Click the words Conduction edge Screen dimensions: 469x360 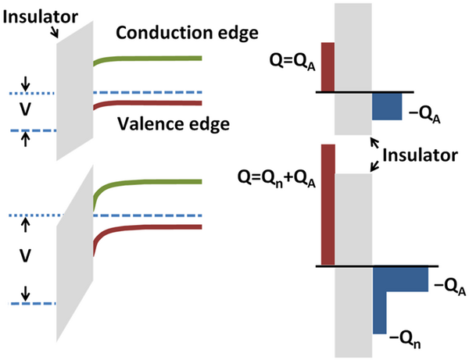187,33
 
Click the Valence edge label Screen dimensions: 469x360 174,123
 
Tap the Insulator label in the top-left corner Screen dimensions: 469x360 41,17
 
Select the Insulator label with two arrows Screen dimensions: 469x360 420,155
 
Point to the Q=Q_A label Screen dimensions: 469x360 292,62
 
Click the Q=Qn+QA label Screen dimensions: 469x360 277,178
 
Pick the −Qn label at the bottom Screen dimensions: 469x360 405,340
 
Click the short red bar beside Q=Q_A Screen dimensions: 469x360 328,67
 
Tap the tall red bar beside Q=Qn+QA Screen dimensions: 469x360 328,205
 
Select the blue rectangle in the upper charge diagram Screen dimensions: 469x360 387,106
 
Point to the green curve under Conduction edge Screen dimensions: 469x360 148,59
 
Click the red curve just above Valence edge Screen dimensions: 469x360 148,104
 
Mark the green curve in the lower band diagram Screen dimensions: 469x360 148,183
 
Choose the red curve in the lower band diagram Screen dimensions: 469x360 148,229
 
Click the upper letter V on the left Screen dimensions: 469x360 26,109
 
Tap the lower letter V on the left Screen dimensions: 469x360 26,255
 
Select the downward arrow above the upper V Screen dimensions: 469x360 26,84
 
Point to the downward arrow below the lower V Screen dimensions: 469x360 26,294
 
